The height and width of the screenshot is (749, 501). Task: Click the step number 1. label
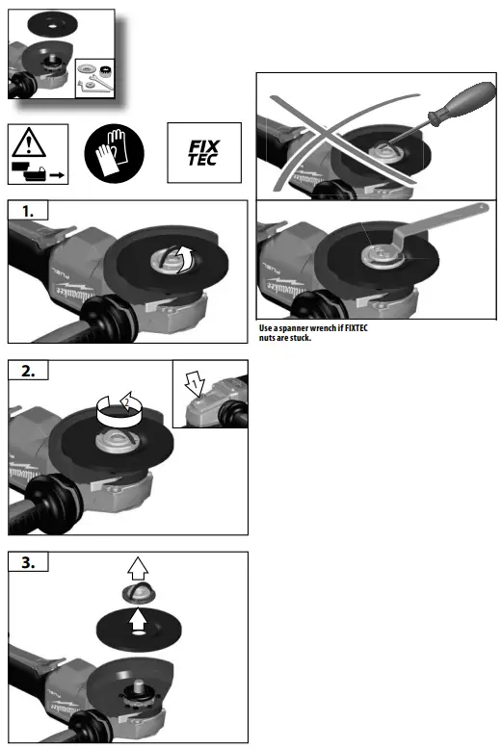[31, 210]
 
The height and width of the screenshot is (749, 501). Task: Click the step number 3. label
[32, 562]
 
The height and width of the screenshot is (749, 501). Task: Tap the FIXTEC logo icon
[202, 153]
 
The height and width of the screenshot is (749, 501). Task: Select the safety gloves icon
[115, 153]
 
